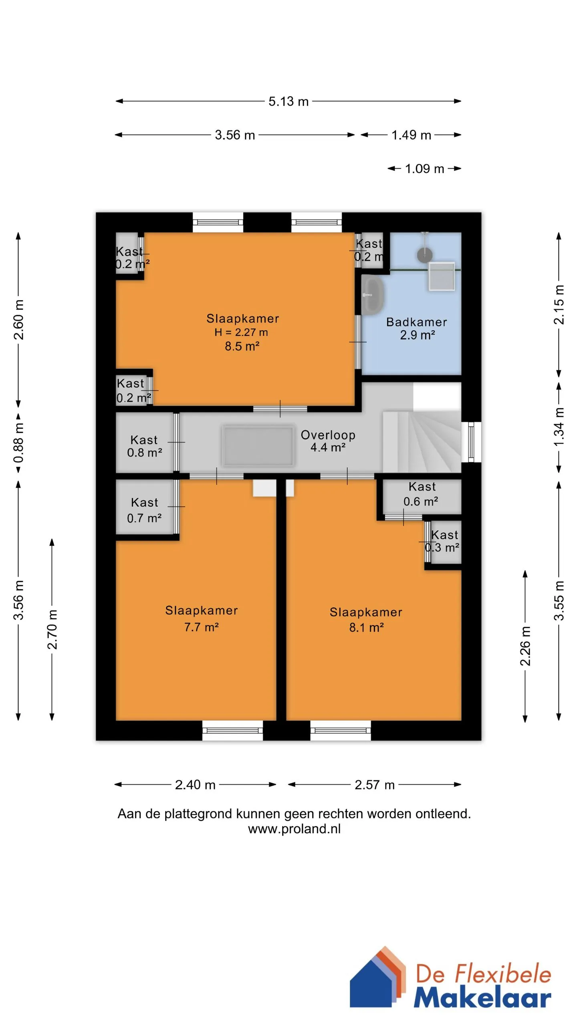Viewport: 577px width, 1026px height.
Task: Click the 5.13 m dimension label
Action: click(288, 101)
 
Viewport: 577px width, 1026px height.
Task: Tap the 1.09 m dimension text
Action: click(424, 169)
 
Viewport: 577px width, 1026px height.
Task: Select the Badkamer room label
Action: click(416, 322)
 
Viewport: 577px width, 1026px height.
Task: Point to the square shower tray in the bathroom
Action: click(442, 276)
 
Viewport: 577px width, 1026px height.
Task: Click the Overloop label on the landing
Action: click(328, 435)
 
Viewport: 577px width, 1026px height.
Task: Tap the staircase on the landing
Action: click(422, 442)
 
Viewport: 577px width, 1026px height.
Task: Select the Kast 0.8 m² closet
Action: click(145, 442)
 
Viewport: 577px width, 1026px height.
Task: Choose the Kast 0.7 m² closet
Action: click(145, 507)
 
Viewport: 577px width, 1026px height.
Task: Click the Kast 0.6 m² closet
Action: click(422, 496)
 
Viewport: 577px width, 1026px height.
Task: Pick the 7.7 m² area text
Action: click(201, 627)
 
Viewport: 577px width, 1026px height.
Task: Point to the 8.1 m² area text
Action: click(366, 628)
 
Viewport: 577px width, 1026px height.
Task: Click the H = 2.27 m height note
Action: click(241, 332)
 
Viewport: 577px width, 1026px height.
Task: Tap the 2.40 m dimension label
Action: click(195, 785)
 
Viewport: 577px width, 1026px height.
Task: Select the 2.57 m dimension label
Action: click(375, 785)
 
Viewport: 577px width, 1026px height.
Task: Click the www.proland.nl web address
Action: click(294, 829)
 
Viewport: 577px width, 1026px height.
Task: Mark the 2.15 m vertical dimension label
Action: click(559, 305)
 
